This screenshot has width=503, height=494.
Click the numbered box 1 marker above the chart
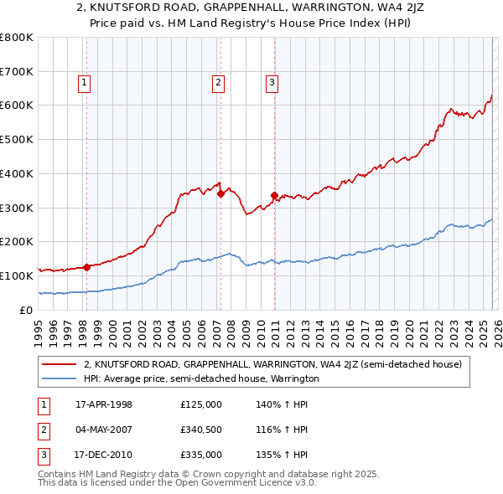point(86,82)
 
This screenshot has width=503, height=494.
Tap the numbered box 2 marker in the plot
point(218,82)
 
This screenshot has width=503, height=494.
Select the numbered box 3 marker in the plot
point(272,82)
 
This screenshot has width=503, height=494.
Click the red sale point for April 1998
point(86,267)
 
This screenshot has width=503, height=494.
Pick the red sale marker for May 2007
point(220,193)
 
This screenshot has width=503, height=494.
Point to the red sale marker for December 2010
point(274,195)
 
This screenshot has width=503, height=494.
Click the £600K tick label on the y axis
point(16,105)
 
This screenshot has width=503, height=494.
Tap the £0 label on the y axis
point(27,310)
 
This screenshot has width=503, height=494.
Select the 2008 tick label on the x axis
point(231,329)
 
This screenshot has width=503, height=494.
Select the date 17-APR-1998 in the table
point(103,404)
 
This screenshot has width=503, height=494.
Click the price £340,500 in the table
point(201,430)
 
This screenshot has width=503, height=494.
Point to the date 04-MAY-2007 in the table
point(103,430)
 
